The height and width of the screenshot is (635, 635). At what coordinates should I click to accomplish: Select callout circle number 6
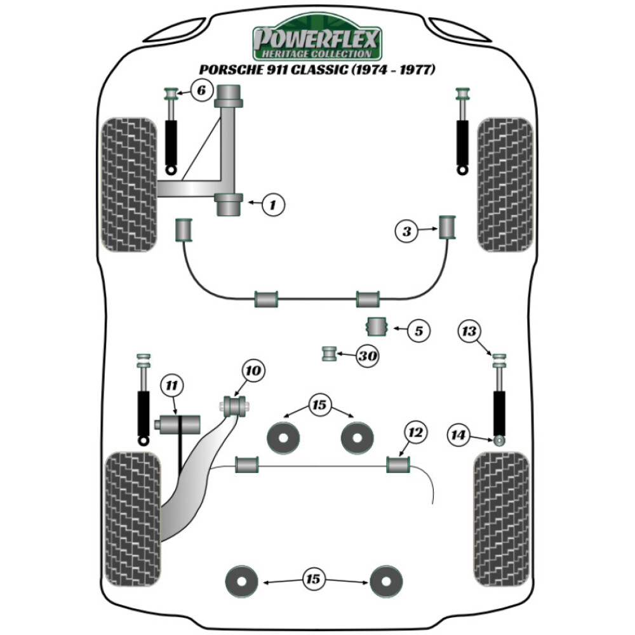pyautogui.click(x=201, y=91)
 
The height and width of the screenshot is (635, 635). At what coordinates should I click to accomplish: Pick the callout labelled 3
pyautogui.click(x=407, y=231)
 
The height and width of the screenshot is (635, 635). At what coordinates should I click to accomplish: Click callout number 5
pyautogui.click(x=418, y=330)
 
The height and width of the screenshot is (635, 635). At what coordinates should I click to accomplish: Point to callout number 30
pyautogui.click(x=366, y=357)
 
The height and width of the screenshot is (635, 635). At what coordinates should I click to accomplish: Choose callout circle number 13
pyautogui.click(x=470, y=331)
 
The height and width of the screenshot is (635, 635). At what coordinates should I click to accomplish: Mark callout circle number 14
pyautogui.click(x=459, y=435)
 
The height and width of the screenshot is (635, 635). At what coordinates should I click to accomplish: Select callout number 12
pyautogui.click(x=415, y=433)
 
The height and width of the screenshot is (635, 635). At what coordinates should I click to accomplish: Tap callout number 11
pyautogui.click(x=171, y=385)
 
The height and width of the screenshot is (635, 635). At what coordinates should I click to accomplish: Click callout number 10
pyautogui.click(x=253, y=370)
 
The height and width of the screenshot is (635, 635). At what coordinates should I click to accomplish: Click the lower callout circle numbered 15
pyautogui.click(x=312, y=579)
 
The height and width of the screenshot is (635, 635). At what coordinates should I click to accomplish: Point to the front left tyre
pyautogui.click(x=130, y=184)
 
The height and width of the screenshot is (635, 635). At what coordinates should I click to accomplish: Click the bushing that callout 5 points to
pyautogui.click(x=378, y=327)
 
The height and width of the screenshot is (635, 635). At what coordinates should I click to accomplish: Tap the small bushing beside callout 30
pyautogui.click(x=329, y=353)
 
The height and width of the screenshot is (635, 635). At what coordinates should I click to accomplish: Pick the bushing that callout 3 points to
pyautogui.click(x=449, y=227)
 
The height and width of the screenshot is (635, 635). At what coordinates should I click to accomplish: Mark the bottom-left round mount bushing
pyautogui.click(x=242, y=579)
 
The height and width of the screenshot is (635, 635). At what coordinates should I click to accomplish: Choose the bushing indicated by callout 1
pyautogui.click(x=229, y=204)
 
